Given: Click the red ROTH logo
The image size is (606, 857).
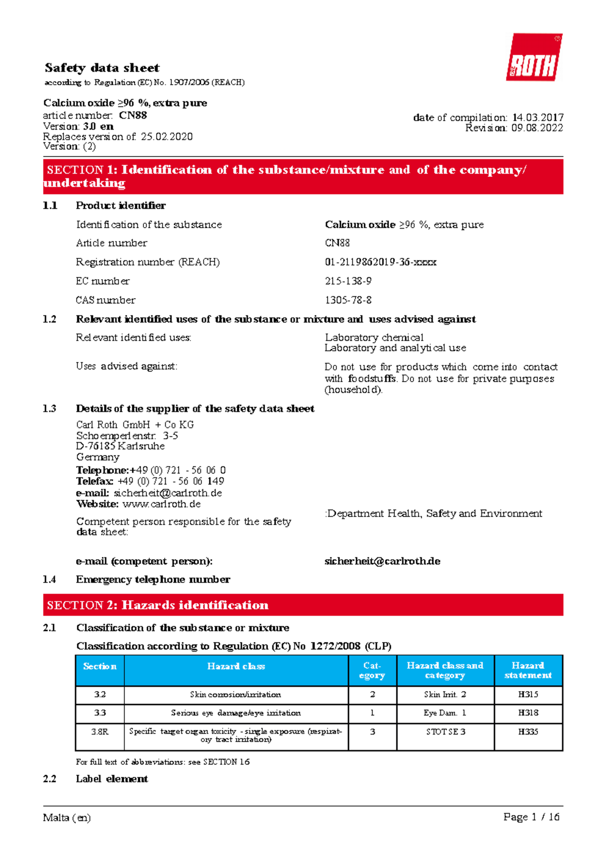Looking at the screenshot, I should click(x=534, y=58).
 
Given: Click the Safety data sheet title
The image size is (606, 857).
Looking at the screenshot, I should click(x=102, y=68).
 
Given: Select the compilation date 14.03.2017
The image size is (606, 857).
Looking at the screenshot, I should click(x=537, y=118).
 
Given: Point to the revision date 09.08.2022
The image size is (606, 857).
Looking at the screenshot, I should click(x=537, y=128).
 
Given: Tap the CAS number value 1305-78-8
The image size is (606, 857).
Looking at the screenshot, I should click(x=348, y=300).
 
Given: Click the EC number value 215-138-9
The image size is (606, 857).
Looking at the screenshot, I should click(x=348, y=281).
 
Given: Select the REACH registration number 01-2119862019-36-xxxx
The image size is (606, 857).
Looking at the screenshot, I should click(x=380, y=262).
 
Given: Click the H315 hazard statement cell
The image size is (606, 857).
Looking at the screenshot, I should click(x=528, y=694).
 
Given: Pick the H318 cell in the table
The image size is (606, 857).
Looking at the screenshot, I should click(x=528, y=713).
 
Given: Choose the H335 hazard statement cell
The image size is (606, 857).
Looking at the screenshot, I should click(x=528, y=732).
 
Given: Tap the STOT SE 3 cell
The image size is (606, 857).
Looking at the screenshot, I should click(x=445, y=732).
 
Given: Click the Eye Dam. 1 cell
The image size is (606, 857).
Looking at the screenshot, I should click(x=445, y=713).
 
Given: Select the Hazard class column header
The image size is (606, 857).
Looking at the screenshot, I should click(x=236, y=667).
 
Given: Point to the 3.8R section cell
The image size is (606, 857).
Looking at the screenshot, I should click(x=100, y=732).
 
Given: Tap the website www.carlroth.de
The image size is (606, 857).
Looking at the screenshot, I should click(x=162, y=504).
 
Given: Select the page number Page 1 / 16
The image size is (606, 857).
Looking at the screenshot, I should click(x=531, y=817).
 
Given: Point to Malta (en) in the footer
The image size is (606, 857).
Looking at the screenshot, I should click(x=67, y=818).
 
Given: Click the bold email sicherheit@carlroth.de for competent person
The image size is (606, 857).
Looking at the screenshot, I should click(x=382, y=561).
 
